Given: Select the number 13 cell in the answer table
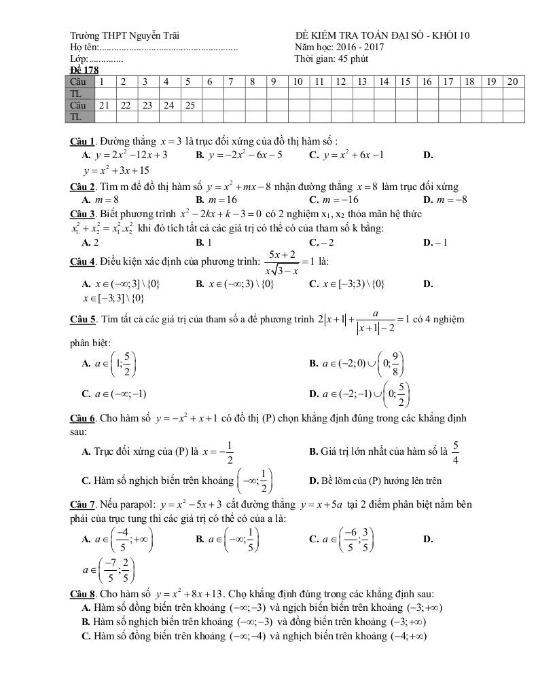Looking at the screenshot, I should [361, 81].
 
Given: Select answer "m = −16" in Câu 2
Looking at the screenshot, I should [333, 200].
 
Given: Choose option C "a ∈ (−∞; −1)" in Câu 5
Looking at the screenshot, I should [113, 393].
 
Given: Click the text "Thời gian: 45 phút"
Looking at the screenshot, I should [331, 58].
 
